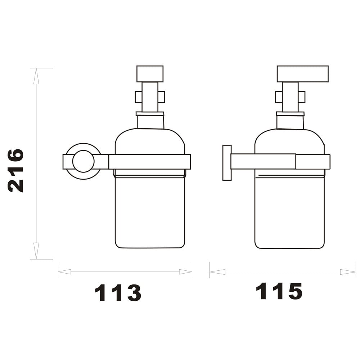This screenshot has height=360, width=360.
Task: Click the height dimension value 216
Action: point(16,170)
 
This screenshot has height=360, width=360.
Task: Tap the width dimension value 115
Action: point(279,291)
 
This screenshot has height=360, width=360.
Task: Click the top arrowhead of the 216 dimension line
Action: point(36,76)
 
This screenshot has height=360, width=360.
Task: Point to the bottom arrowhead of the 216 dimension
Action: point(36,251)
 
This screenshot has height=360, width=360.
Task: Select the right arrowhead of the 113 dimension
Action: point(185,272)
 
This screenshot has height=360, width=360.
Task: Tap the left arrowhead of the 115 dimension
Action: point(217,272)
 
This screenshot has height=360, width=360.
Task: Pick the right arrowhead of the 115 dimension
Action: point(348,272)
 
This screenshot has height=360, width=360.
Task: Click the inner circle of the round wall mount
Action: point(83,161)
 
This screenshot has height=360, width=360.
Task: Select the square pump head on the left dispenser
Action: point(150,74)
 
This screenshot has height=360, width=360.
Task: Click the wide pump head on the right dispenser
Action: point(302,74)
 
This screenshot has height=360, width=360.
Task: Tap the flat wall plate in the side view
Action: point(227,163)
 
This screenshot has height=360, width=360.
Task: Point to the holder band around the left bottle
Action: point(149,162)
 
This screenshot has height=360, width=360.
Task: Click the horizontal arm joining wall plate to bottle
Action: point(263,161)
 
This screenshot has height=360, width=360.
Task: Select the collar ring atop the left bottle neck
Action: point(150,114)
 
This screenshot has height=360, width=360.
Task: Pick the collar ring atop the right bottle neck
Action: point(290,114)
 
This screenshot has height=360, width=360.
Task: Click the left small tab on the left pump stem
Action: point(138,97)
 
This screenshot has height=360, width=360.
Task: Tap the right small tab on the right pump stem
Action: point(302,97)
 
